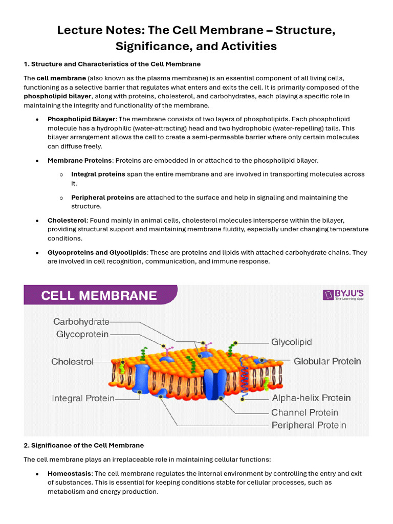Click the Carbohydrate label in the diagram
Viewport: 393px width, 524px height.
[81, 322]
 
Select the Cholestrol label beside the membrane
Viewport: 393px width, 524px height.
[72, 361]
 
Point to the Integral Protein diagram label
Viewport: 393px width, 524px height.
[83, 398]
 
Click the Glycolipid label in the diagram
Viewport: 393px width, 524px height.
[291, 342]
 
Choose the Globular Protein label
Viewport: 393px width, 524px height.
[327, 361]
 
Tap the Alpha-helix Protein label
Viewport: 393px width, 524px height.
[311, 398]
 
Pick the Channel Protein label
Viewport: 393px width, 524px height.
[304, 412]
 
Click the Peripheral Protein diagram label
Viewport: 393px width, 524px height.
[309, 425]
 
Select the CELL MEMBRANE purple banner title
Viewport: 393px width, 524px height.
[99, 296]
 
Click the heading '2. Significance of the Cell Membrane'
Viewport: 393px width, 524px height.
[84, 445]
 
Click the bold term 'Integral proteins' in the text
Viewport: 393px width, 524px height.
[98, 174]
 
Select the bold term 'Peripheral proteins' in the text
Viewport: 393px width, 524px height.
[102, 197]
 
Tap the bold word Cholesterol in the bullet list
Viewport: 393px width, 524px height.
[67, 220]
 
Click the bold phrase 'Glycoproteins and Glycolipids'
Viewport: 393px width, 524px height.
[97, 252]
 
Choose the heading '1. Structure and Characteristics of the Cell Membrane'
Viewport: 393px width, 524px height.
[112, 64]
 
